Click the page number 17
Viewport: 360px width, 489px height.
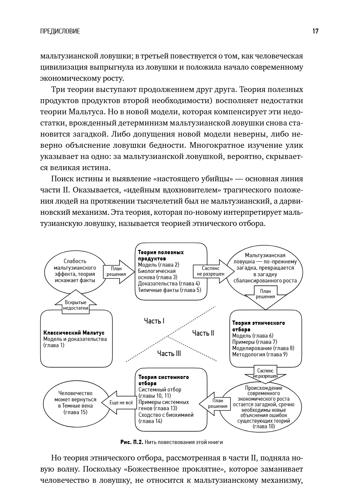tap(315, 32)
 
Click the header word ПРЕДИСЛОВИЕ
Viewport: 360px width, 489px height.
tap(60, 32)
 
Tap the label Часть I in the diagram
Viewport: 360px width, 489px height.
tap(154, 321)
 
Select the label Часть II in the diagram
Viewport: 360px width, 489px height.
tap(203, 333)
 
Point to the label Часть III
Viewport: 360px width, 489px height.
tap(169, 353)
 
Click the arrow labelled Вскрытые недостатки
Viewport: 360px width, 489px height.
tap(76, 304)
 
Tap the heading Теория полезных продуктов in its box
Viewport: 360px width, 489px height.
tap(161, 255)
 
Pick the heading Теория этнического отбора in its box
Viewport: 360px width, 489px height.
tap(258, 326)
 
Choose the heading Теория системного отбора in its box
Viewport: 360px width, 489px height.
tap(163, 380)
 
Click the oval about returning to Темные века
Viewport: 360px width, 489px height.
tap(75, 402)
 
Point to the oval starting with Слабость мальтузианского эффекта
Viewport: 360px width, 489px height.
tap(75, 271)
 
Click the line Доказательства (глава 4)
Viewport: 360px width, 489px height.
tap(169, 283)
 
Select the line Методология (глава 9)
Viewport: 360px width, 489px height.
tap(259, 354)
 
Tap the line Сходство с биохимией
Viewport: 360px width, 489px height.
tap(166, 415)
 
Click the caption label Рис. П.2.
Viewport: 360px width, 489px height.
tap(132, 442)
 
